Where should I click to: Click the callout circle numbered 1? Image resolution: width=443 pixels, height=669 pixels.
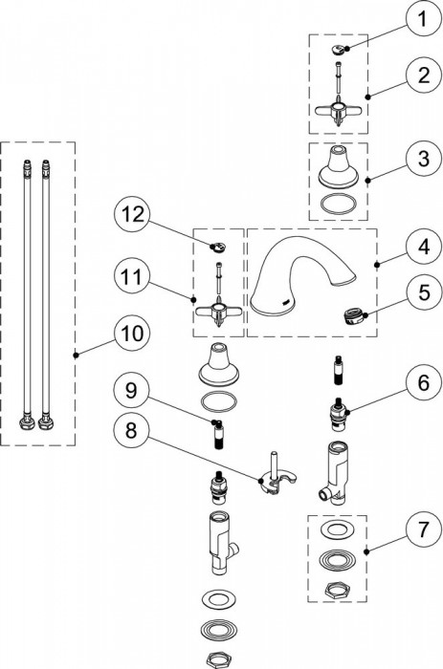click(423, 20)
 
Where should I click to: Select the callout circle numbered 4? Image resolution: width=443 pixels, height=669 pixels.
click(423, 247)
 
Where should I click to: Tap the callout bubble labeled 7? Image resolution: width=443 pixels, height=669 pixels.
click(423, 530)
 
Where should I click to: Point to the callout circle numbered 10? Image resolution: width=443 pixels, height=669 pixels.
click(132, 334)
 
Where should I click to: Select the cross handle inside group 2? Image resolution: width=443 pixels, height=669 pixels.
click(338, 112)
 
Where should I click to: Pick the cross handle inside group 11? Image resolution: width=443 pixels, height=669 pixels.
click(218, 313)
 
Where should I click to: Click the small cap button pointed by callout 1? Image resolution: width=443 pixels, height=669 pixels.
click(340, 50)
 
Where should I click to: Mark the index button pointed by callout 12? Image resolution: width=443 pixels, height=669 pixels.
click(219, 247)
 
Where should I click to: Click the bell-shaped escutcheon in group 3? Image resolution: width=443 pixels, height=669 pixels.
click(339, 167)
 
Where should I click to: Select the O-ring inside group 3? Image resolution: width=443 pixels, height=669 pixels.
click(339, 205)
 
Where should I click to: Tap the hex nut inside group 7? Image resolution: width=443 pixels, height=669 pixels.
click(338, 592)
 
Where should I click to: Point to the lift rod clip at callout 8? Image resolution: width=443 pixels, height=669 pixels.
click(277, 476)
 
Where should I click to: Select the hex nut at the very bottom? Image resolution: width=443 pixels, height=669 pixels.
click(218, 659)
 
